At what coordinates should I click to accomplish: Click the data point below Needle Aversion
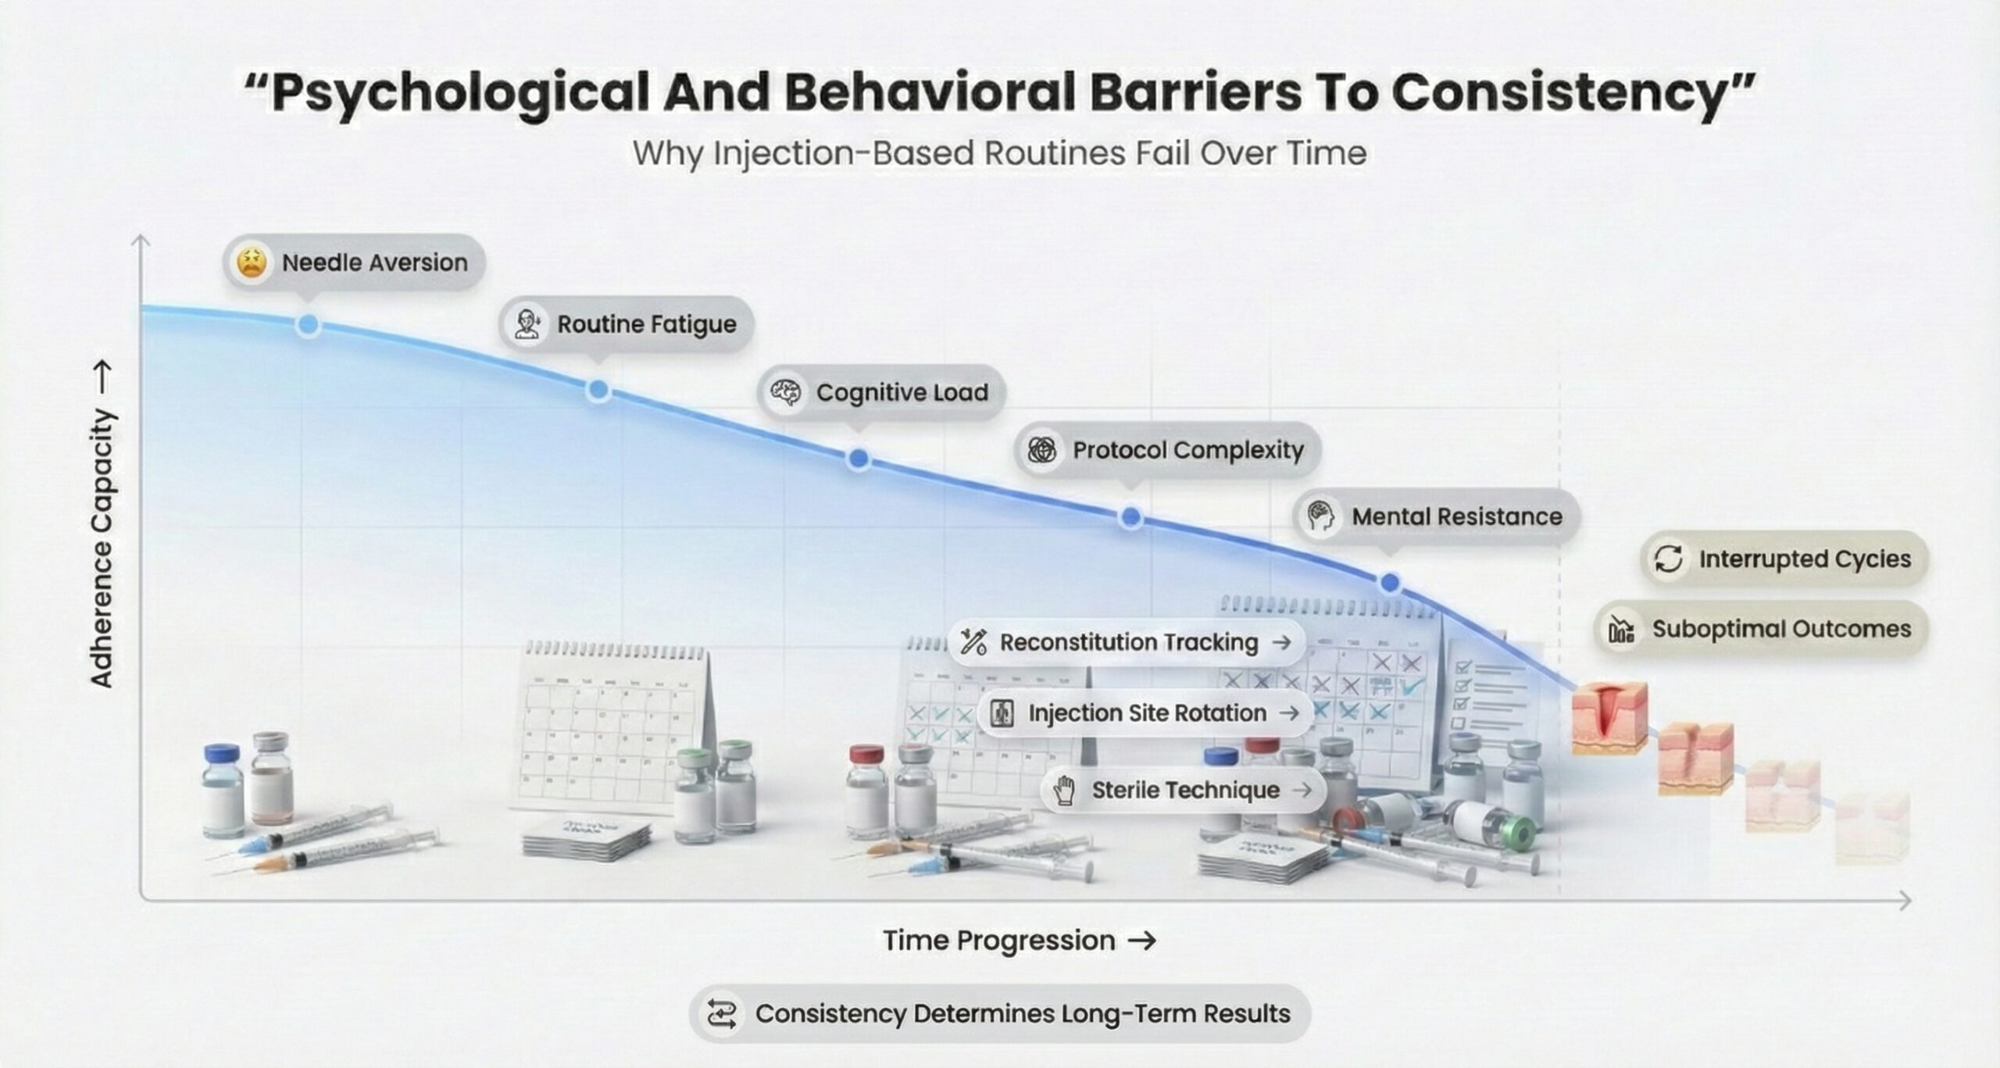tap(308, 324)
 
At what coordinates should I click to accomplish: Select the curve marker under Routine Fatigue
tap(598, 389)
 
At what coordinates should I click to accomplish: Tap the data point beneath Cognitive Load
tap(859, 459)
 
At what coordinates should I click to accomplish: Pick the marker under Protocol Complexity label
tap(1130, 517)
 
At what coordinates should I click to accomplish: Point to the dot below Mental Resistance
tap(1391, 583)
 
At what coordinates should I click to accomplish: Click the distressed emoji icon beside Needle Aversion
tap(252, 263)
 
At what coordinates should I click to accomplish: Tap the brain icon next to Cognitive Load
tap(785, 392)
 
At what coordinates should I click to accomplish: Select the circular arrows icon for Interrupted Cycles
tap(1669, 559)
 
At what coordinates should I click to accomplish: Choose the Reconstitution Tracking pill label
tap(1127, 642)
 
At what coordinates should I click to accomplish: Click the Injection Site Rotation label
tap(1145, 713)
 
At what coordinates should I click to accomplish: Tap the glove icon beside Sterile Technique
tap(1064, 790)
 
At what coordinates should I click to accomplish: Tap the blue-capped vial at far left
tap(222, 791)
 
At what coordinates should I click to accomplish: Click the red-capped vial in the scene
tap(866, 791)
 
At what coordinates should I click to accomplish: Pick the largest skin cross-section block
tap(1609, 717)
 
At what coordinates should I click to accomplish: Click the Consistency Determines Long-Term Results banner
tap(1000, 1014)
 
